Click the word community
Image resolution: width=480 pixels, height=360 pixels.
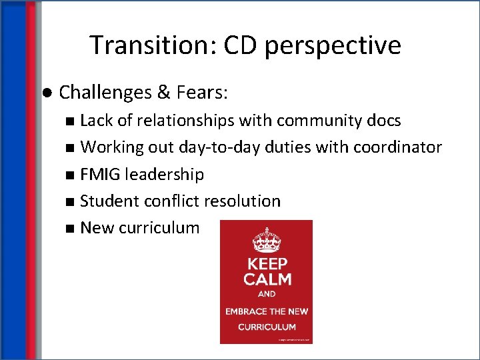coord(321,121)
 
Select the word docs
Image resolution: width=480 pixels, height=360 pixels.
coord(385,121)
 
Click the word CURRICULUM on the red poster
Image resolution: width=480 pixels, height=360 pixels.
coord(267,327)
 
